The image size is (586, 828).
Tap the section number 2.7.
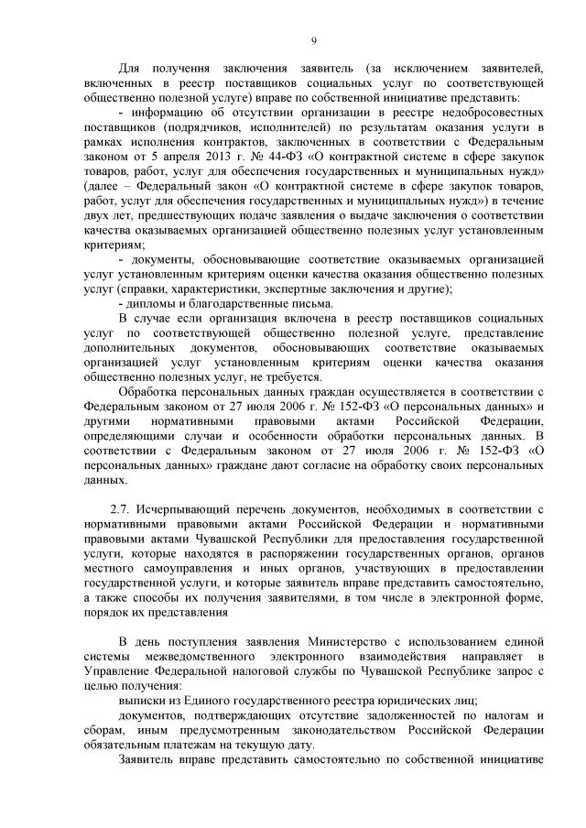pyautogui.click(x=121, y=507)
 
